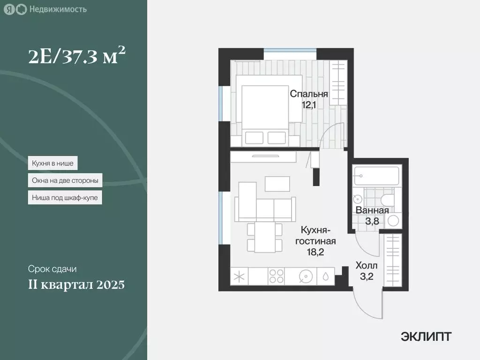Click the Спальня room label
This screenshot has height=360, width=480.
[x=308, y=94]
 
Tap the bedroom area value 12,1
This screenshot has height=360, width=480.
[x=308, y=105]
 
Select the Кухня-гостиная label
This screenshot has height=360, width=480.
[x=316, y=230]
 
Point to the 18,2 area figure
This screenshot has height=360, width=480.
[x=315, y=252]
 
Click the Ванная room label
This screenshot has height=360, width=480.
[x=372, y=210]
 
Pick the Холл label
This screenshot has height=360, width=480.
[x=366, y=265]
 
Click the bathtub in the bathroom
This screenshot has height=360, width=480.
[x=376, y=175]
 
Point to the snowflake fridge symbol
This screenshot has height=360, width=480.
[x=239, y=277]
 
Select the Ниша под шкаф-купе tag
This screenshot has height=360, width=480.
[x=65, y=197]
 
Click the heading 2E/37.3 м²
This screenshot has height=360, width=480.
[x=77, y=57]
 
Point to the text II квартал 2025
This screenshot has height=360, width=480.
[x=76, y=285]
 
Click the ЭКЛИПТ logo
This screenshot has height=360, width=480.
[x=426, y=336]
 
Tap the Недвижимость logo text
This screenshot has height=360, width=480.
[x=57, y=9]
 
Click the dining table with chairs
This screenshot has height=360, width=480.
[x=265, y=237]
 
